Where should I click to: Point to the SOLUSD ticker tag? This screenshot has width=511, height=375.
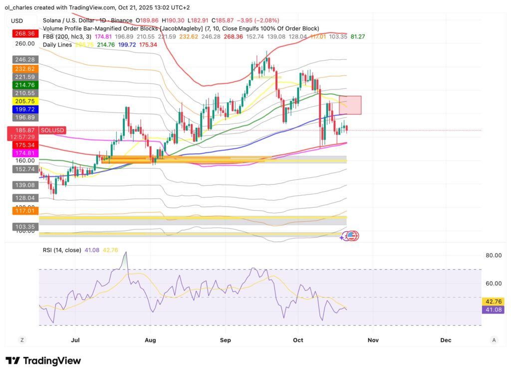(52, 130)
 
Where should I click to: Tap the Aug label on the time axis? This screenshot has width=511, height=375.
(150, 340)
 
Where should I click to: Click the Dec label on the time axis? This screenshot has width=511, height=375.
(446, 340)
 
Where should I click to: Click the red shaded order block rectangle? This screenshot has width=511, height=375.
(350, 105)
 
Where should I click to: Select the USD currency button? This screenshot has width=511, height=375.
(17, 20)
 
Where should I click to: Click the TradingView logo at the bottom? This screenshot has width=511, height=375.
(43, 361)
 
